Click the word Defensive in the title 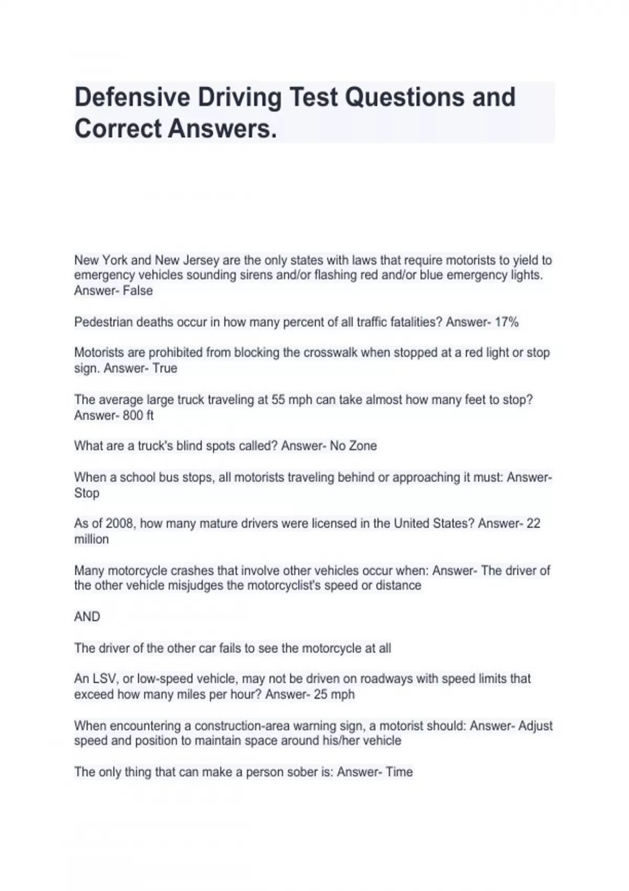(x=132, y=97)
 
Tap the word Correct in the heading (x=117, y=128)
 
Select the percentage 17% (x=506, y=322)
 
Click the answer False (x=138, y=290)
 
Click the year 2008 (x=120, y=523)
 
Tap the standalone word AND (x=87, y=616)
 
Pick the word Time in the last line (x=399, y=772)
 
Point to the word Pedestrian (x=103, y=322)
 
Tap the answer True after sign (x=165, y=368)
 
